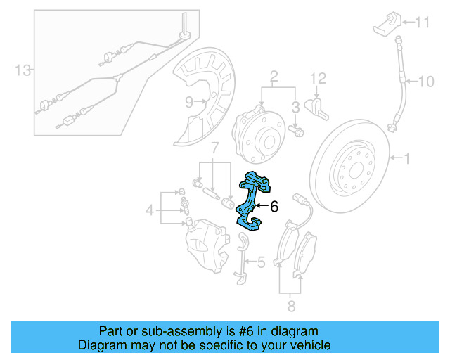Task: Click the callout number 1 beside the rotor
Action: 406,159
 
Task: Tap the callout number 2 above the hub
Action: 274,75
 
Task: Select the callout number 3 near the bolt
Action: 296,106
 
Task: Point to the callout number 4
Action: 149,210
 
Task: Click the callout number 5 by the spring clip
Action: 260,263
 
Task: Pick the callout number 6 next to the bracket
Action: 274,207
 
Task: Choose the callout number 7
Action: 215,148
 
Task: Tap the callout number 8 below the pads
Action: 291,306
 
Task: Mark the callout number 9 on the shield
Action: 189,102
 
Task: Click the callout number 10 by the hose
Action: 427,82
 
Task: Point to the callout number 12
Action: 318,78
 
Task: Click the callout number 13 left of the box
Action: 23,70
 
